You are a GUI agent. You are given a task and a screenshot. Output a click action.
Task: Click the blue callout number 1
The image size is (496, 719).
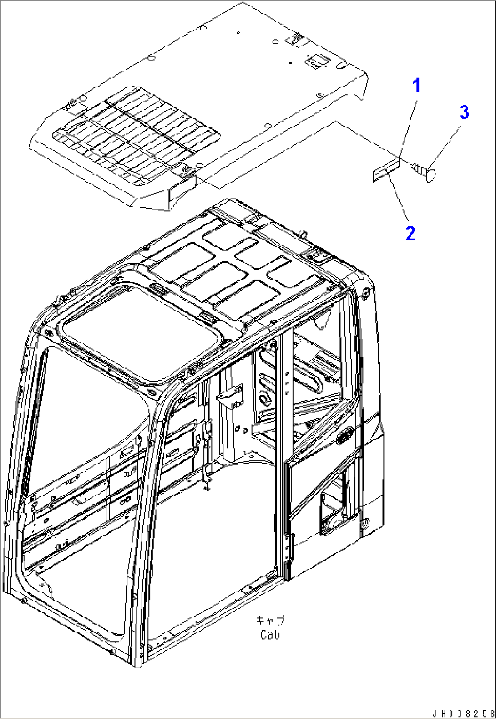pos(416,86)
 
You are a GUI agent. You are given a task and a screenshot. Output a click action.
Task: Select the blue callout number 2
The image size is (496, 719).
pos(410,233)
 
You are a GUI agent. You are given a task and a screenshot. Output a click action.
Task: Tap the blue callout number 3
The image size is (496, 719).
pos(464,112)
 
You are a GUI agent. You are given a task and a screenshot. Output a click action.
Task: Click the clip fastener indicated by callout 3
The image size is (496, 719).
pos(425,171)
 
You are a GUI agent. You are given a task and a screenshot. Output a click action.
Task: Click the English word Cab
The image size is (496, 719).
pos(270,635)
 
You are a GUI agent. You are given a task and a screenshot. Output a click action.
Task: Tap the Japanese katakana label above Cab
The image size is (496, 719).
pos(270,620)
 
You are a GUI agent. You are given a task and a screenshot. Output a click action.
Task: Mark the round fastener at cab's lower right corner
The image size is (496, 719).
pos(365,524)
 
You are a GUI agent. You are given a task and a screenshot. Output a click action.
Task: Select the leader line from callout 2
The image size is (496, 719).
pos(398,196)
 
